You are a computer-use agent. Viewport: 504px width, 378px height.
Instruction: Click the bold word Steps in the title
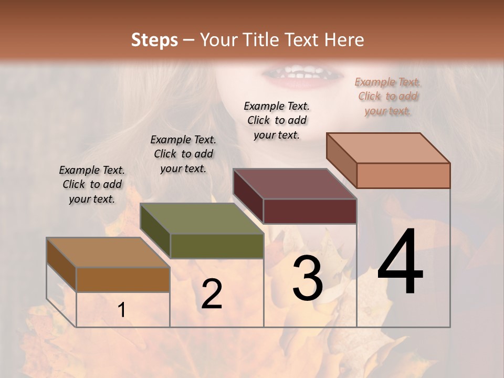point(154,40)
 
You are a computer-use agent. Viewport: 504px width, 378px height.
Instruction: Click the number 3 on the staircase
point(307,278)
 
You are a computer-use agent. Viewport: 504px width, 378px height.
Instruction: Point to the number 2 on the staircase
point(212,294)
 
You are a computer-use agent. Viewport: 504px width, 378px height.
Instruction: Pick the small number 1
point(122,310)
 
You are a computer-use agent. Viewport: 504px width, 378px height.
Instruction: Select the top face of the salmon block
point(388,148)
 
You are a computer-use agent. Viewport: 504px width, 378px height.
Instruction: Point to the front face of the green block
point(217,246)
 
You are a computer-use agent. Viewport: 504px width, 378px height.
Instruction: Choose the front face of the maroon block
point(310,211)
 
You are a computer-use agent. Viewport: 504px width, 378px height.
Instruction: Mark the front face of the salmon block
point(403,175)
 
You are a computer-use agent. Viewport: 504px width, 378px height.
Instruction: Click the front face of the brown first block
point(123,279)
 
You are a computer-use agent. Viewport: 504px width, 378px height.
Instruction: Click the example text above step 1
point(92,184)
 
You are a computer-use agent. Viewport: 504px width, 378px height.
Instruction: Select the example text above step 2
point(183,154)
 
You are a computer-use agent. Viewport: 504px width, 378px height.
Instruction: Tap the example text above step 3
point(277,120)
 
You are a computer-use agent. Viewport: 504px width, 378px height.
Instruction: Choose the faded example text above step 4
point(387,96)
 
